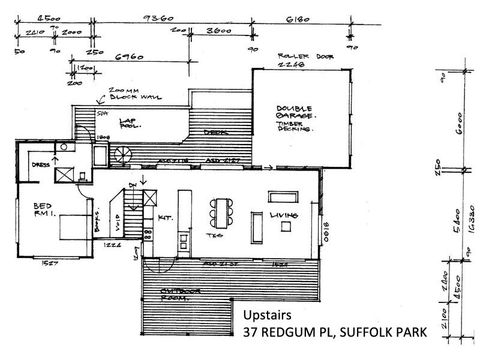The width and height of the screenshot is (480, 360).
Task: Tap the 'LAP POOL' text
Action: (130, 123)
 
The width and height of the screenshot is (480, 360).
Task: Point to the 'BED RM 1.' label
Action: (45, 212)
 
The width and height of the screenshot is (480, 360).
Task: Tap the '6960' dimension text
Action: (129, 57)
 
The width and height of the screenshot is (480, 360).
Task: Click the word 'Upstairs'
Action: (266, 316)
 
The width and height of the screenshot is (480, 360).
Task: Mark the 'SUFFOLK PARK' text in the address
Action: (383, 331)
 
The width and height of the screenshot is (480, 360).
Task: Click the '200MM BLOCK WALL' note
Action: (127, 94)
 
